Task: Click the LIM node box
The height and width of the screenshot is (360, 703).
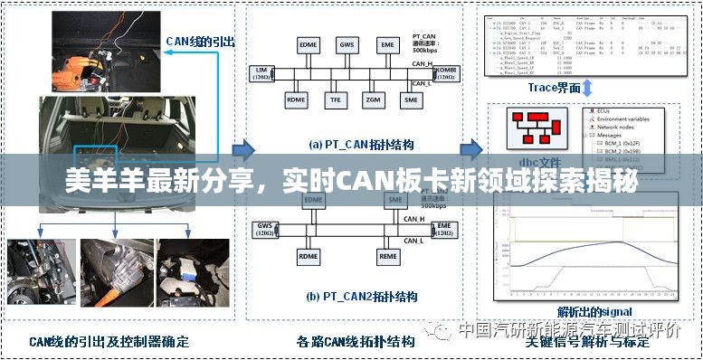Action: point(261,73)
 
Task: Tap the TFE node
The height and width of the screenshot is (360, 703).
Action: point(335,99)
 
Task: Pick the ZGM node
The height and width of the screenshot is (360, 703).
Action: point(373,99)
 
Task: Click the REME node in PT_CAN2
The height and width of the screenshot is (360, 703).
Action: point(388,257)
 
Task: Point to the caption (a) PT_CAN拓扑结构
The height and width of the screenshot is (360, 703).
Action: point(353,144)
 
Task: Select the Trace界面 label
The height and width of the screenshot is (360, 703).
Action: point(555,88)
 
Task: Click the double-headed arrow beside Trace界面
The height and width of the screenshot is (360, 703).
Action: point(588,88)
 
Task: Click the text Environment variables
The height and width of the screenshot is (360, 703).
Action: point(625,118)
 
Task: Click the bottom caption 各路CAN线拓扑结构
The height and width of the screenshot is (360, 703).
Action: point(356,342)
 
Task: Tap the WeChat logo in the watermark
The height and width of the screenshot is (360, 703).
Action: point(442,330)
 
